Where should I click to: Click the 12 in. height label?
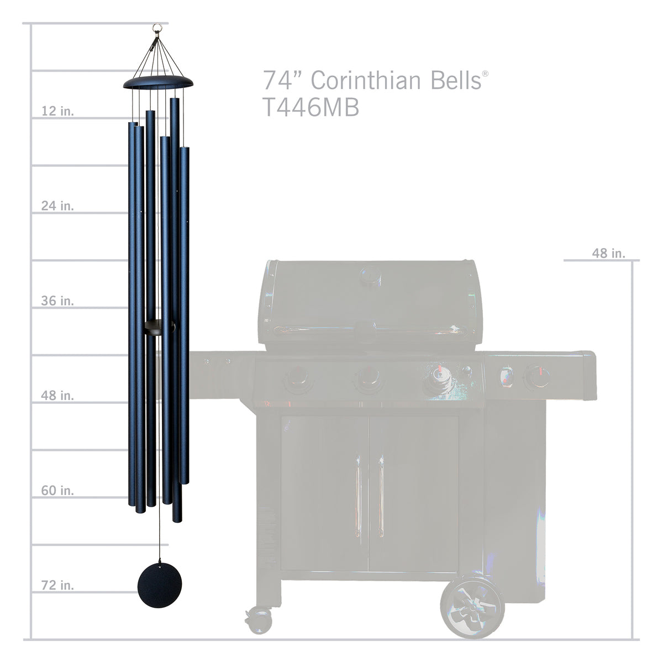57,111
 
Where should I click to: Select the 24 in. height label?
57,206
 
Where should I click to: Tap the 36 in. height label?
57,301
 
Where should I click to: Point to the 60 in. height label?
57,491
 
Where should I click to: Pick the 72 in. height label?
57,585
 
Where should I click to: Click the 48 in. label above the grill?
608,253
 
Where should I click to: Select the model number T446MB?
311,108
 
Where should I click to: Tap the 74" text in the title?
281,80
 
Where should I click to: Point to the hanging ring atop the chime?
159,27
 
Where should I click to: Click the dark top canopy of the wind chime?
159,82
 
